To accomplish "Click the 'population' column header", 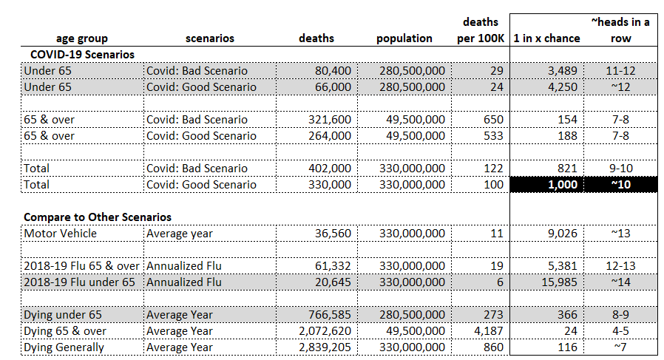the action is tap(404, 38).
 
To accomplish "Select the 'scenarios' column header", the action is tap(209, 38).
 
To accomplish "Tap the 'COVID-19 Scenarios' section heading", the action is tap(82, 55).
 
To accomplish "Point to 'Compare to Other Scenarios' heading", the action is tap(98, 217).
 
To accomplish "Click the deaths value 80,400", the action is tap(333, 71).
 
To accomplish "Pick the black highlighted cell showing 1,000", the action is tap(546, 185).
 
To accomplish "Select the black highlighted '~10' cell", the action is tap(621, 185).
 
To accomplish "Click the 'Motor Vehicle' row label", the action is tap(60, 234).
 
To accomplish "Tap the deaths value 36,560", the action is tap(333, 234).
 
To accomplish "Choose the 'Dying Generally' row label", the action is tap(64, 347).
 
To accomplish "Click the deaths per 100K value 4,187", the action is tap(488, 330).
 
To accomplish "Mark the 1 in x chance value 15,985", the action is tap(559, 282).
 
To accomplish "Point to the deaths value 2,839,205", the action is tap(325, 347).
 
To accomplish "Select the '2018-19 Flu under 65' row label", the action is tap(79, 282).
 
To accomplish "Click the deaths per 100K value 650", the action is tap(493, 120).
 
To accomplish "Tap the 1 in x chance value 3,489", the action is tap(563, 71).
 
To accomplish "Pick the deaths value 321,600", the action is tap(330, 120).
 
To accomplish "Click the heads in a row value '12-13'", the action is tap(621, 266).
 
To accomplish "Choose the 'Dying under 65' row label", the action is tap(63, 315).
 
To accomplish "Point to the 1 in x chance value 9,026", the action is tap(563, 234).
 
